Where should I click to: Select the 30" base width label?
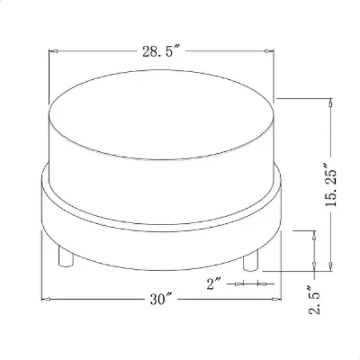pyautogui.click(x=160, y=300)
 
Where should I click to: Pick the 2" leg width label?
pyautogui.click(x=214, y=283)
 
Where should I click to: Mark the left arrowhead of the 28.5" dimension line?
pyautogui.click(x=54, y=52)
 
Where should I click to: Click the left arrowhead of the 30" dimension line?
pyautogui.click(x=46, y=300)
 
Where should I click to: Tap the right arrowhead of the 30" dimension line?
pyautogui.click(x=276, y=300)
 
